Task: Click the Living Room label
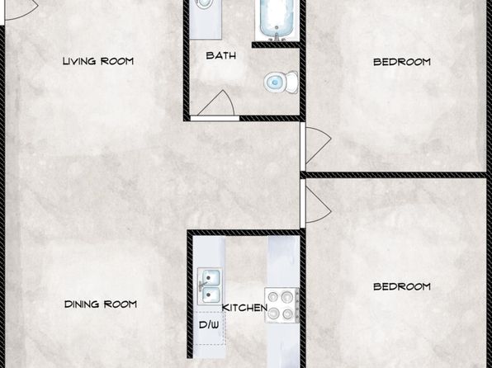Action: pyautogui.click(x=98, y=61)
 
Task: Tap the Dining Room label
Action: pyautogui.click(x=101, y=304)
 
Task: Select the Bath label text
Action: pyautogui.click(x=221, y=55)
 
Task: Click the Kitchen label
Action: pyautogui.click(x=244, y=308)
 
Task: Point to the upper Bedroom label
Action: pyautogui.click(x=402, y=62)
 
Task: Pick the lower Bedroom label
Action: pyautogui.click(x=402, y=286)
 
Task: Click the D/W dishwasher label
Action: pyautogui.click(x=209, y=325)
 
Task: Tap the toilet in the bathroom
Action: pyautogui.click(x=281, y=83)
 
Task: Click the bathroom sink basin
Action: pyautogui.click(x=204, y=3)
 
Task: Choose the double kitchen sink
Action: pyautogui.click(x=210, y=285)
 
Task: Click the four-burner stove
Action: pyautogui.click(x=281, y=305)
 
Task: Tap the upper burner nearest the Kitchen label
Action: pyautogui.click(x=273, y=296)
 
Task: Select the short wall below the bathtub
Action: pyautogui.click(x=277, y=45)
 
